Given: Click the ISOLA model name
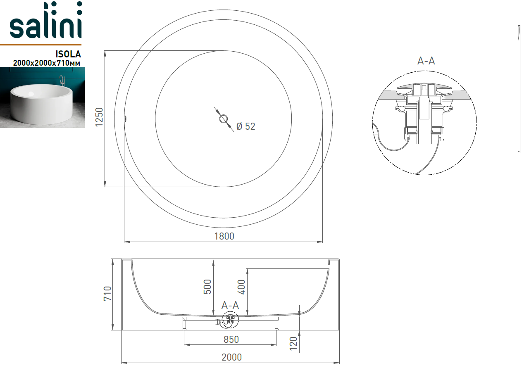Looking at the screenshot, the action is (x=68, y=54).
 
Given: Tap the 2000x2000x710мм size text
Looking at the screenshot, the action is (x=47, y=63).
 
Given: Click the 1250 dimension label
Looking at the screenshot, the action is (x=99, y=117).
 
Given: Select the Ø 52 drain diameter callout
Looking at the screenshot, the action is (x=246, y=126).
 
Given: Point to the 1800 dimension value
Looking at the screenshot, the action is (x=224, y=236).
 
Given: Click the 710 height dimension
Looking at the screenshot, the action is (x=107, y=293).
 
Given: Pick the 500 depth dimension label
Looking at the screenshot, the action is (x=207, y=287).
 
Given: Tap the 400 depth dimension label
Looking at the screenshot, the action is (x=241, y=287).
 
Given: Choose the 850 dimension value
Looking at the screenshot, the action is (x=231, y=340).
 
